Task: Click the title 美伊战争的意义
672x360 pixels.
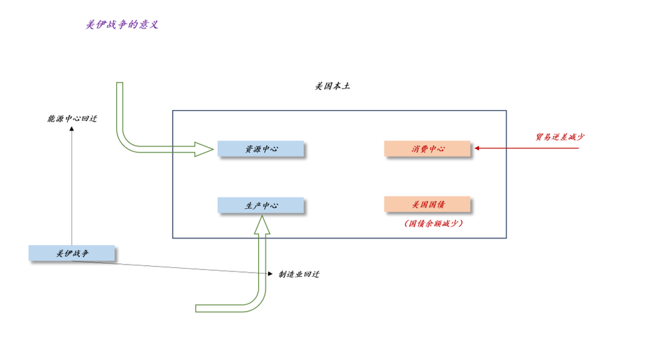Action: tap(122, 25)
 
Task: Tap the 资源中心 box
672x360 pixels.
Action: tap(261, 148)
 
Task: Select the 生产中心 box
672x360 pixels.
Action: tap(261, 206)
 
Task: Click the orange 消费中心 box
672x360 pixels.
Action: tap(427, 148)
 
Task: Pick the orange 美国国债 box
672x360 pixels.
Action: tap(427, 204)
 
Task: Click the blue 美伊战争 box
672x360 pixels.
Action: tap(72, 253)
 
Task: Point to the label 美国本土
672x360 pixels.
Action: tap(332, 87)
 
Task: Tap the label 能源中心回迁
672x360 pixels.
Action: tap(72, 119)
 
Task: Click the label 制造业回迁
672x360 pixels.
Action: tap(299, 274)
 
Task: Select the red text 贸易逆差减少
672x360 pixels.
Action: tap(560, 137)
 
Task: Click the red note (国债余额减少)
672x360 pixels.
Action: tap(433, 223)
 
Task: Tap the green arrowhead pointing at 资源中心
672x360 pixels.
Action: tap(204, 149)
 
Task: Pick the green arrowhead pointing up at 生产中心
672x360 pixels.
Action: tap(261, 225)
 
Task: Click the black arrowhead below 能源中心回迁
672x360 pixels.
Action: tap(72, 128)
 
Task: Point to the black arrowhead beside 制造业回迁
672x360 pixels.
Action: tap(271, 273)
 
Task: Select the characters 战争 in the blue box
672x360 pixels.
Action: tap(80, 253)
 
